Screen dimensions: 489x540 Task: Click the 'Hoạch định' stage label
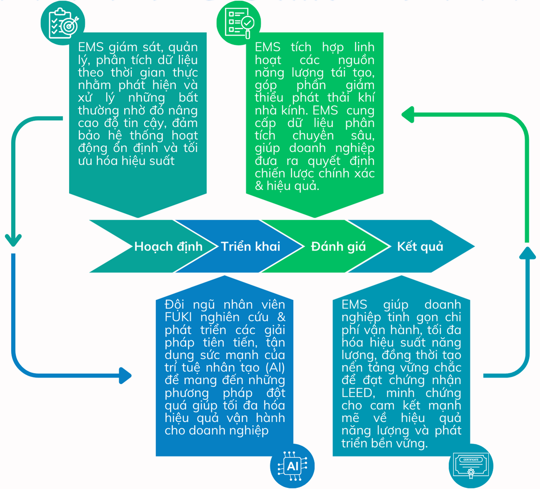(168, 246)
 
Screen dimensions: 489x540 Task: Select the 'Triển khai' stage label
(250, 246)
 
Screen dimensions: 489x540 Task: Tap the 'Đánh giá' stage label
(338, 246)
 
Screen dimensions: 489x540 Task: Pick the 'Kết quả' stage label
(420, 246)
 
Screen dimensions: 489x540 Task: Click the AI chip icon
(292, 466)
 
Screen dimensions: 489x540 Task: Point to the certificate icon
(471, 466)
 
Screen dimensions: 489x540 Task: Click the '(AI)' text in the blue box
(275, 368)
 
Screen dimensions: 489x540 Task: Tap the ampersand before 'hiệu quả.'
(259, 186)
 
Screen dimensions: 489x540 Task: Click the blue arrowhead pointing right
(125, 375)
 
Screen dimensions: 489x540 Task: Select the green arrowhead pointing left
(407, 114)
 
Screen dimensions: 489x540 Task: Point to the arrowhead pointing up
(527, 253)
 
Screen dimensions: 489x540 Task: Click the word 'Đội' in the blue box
(174, 305)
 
